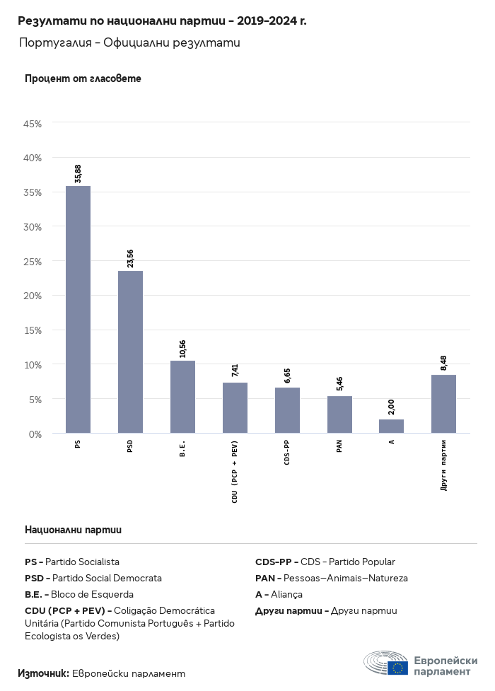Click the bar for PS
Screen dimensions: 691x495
[78, 309]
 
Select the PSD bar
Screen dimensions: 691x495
[130, 352]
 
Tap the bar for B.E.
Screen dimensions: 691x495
[182, 397]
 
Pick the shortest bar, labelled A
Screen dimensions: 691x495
[391, 426]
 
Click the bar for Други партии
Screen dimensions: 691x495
[443, 404]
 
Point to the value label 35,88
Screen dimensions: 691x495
[78, 173]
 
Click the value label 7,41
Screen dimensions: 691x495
[235, 371]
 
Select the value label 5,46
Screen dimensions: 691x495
[339, 384]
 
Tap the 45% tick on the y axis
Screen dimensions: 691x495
[33, 124]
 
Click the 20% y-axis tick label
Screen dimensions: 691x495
[33, 296]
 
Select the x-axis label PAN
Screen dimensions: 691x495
[339, 446]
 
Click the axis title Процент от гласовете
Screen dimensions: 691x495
[83, 79]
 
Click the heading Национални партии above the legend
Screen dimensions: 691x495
[73, 529]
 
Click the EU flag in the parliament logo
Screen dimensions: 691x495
[397, 668]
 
